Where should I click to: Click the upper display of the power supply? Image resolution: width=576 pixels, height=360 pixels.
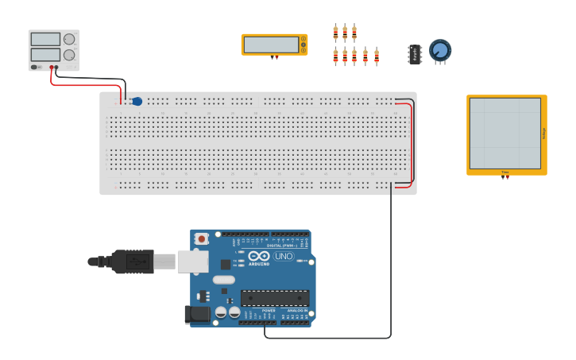[45, 39]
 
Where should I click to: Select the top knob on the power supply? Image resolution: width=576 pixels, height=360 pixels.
[69, 39]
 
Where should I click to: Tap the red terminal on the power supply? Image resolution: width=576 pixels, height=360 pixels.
[52, 67]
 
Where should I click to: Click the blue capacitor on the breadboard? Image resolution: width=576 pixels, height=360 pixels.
[137, 101]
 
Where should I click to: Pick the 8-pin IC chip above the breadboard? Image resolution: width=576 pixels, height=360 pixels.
[415, 54]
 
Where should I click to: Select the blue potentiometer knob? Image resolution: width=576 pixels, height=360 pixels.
[440, 50]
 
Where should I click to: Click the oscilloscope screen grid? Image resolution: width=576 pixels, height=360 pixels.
[504, 133]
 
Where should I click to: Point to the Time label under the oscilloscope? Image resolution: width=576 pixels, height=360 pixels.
[504, 172]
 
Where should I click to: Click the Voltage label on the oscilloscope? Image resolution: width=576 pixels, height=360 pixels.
[543, 133]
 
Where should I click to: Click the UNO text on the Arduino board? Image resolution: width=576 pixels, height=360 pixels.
[284, 256]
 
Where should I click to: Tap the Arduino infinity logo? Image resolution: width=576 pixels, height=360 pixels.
[259, 256]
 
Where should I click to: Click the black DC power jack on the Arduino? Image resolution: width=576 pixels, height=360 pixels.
[198, 315]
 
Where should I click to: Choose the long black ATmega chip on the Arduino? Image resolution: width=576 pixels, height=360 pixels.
[275, 298]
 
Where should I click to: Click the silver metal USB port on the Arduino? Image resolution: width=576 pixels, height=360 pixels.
[192, 261]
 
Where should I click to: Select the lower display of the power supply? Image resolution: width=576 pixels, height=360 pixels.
[45, 54]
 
